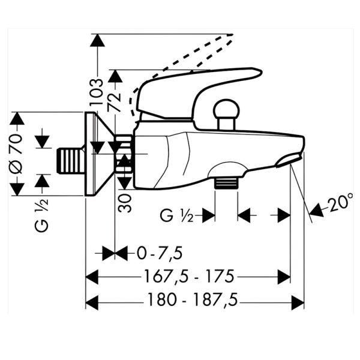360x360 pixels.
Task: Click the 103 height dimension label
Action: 96,92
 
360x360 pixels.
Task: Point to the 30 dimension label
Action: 125,203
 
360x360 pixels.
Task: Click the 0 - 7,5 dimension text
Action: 160,253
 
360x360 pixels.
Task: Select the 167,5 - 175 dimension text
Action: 189,277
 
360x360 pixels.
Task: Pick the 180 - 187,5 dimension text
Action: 193,299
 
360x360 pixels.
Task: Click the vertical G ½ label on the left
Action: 41,215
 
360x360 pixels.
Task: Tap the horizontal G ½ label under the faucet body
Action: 176,215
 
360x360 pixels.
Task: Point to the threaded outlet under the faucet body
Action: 226,182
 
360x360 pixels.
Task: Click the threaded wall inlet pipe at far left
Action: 70,160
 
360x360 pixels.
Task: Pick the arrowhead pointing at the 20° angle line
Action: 316,210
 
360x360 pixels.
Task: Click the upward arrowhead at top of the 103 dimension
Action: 97,40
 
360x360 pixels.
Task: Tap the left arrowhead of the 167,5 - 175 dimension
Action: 92,277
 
